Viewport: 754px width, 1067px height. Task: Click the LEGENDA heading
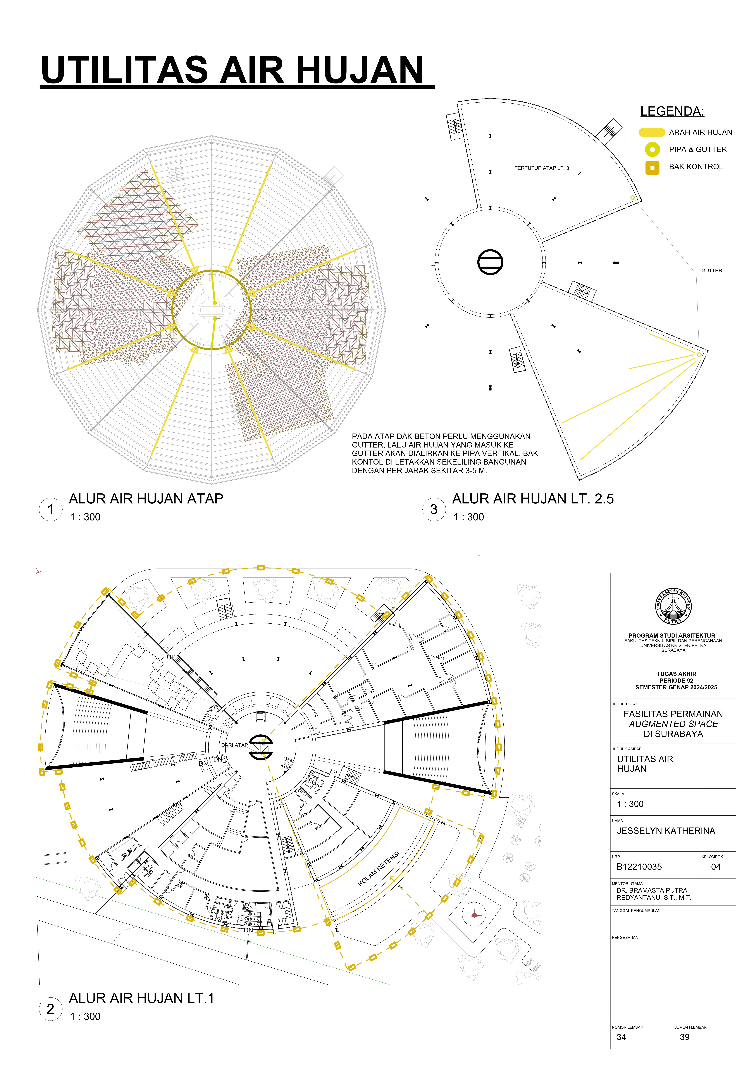tap(672, 111)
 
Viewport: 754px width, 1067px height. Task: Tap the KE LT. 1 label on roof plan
tap(271, 318)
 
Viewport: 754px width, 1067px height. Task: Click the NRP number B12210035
tap(639, 867)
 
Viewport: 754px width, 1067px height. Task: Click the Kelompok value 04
tap(716, 867)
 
